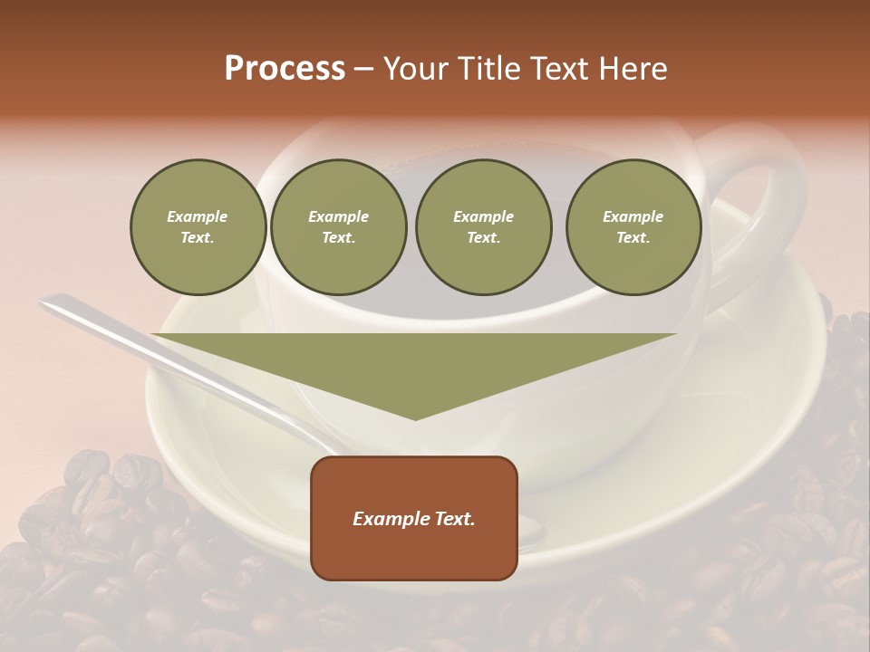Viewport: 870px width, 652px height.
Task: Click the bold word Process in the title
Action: pyautogui.click(x=285, y=69)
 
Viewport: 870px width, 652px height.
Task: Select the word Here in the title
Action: pyautogui.click(x=633, y=69)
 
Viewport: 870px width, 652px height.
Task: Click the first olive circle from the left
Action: pyautogui.click(x=198, y=227)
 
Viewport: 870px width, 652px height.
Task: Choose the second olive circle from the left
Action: pyautogui.click(x=339, y=227)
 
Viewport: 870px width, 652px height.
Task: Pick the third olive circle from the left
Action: pyautogui.click(x=483, y=227)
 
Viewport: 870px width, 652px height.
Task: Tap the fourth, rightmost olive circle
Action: pyautogui.click(x=633, y=227)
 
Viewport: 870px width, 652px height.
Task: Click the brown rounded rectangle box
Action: pyautogui.click(x=414, y=518)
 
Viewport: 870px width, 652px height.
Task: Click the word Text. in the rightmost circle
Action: pyautogui.click(x=633, y=238)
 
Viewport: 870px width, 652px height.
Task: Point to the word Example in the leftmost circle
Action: pyautogui.click(x=198, y=216)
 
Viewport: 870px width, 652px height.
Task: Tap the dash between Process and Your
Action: pyautogui.click(x=363, y=70)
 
